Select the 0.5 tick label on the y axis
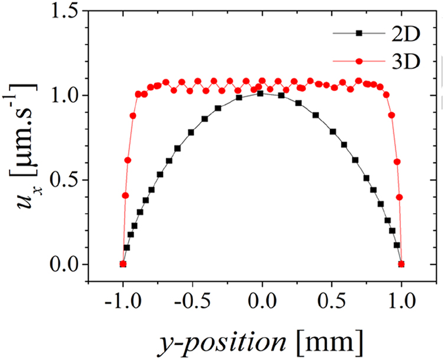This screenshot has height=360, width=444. [x=61, y=180]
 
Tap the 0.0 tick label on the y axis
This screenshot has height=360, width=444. [x=61, y=264]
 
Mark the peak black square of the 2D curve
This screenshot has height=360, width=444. [x=260, y=93]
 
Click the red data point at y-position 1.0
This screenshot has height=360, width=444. [x=401, y=264]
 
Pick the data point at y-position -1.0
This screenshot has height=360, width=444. [x=123, y=264]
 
